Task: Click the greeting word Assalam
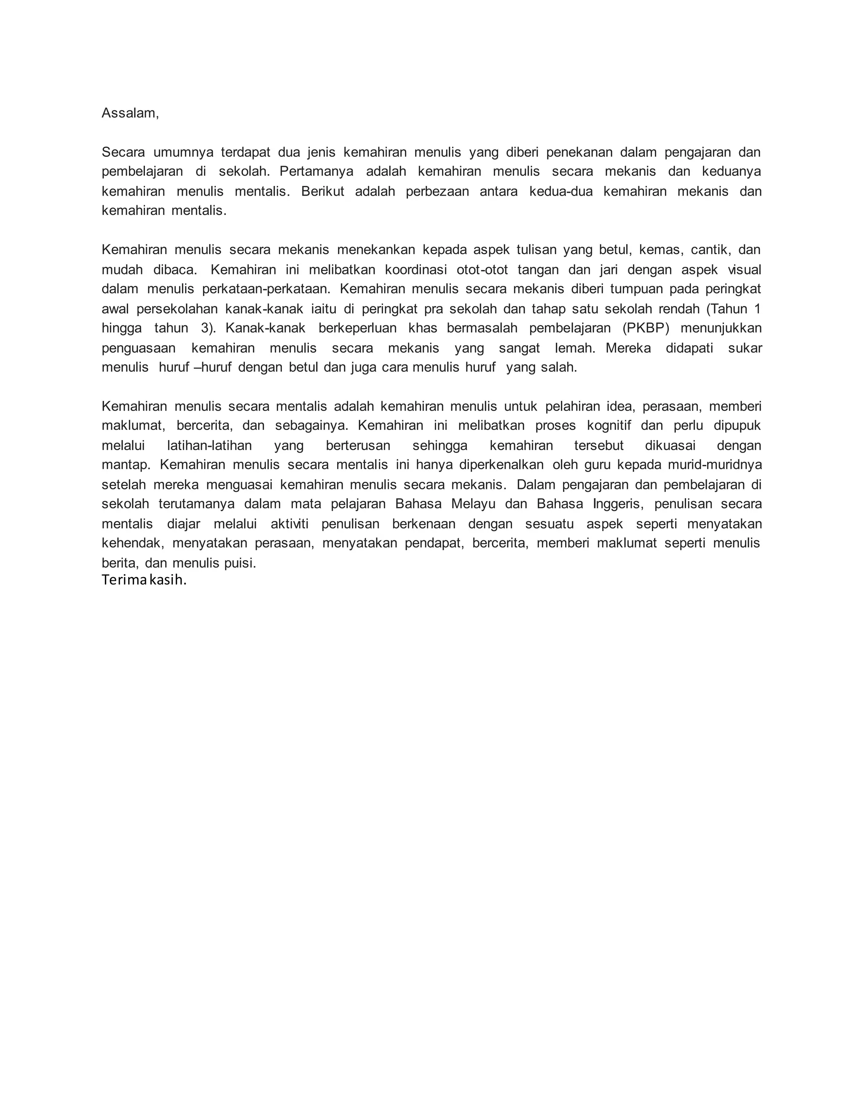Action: pyautogui.click(x=129, y=113)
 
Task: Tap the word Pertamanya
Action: pyautogui.click(x=316, y=171)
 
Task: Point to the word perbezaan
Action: pyautogui.click(x=437, y=191)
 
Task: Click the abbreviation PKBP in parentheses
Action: pyautogui.click(x=646, y=328)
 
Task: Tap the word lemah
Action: pyautogui.click(x=575, y=348)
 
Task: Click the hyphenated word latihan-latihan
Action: pyautogui.click(x=209, y=446)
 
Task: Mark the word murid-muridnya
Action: pyautogui.click(x=715, y=465)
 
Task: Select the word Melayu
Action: pyautogui.click(x=473, y=504)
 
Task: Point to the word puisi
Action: pyautogui.click(x=239, y=563)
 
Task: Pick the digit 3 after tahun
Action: pyautogui.click(x=206, y=328)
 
